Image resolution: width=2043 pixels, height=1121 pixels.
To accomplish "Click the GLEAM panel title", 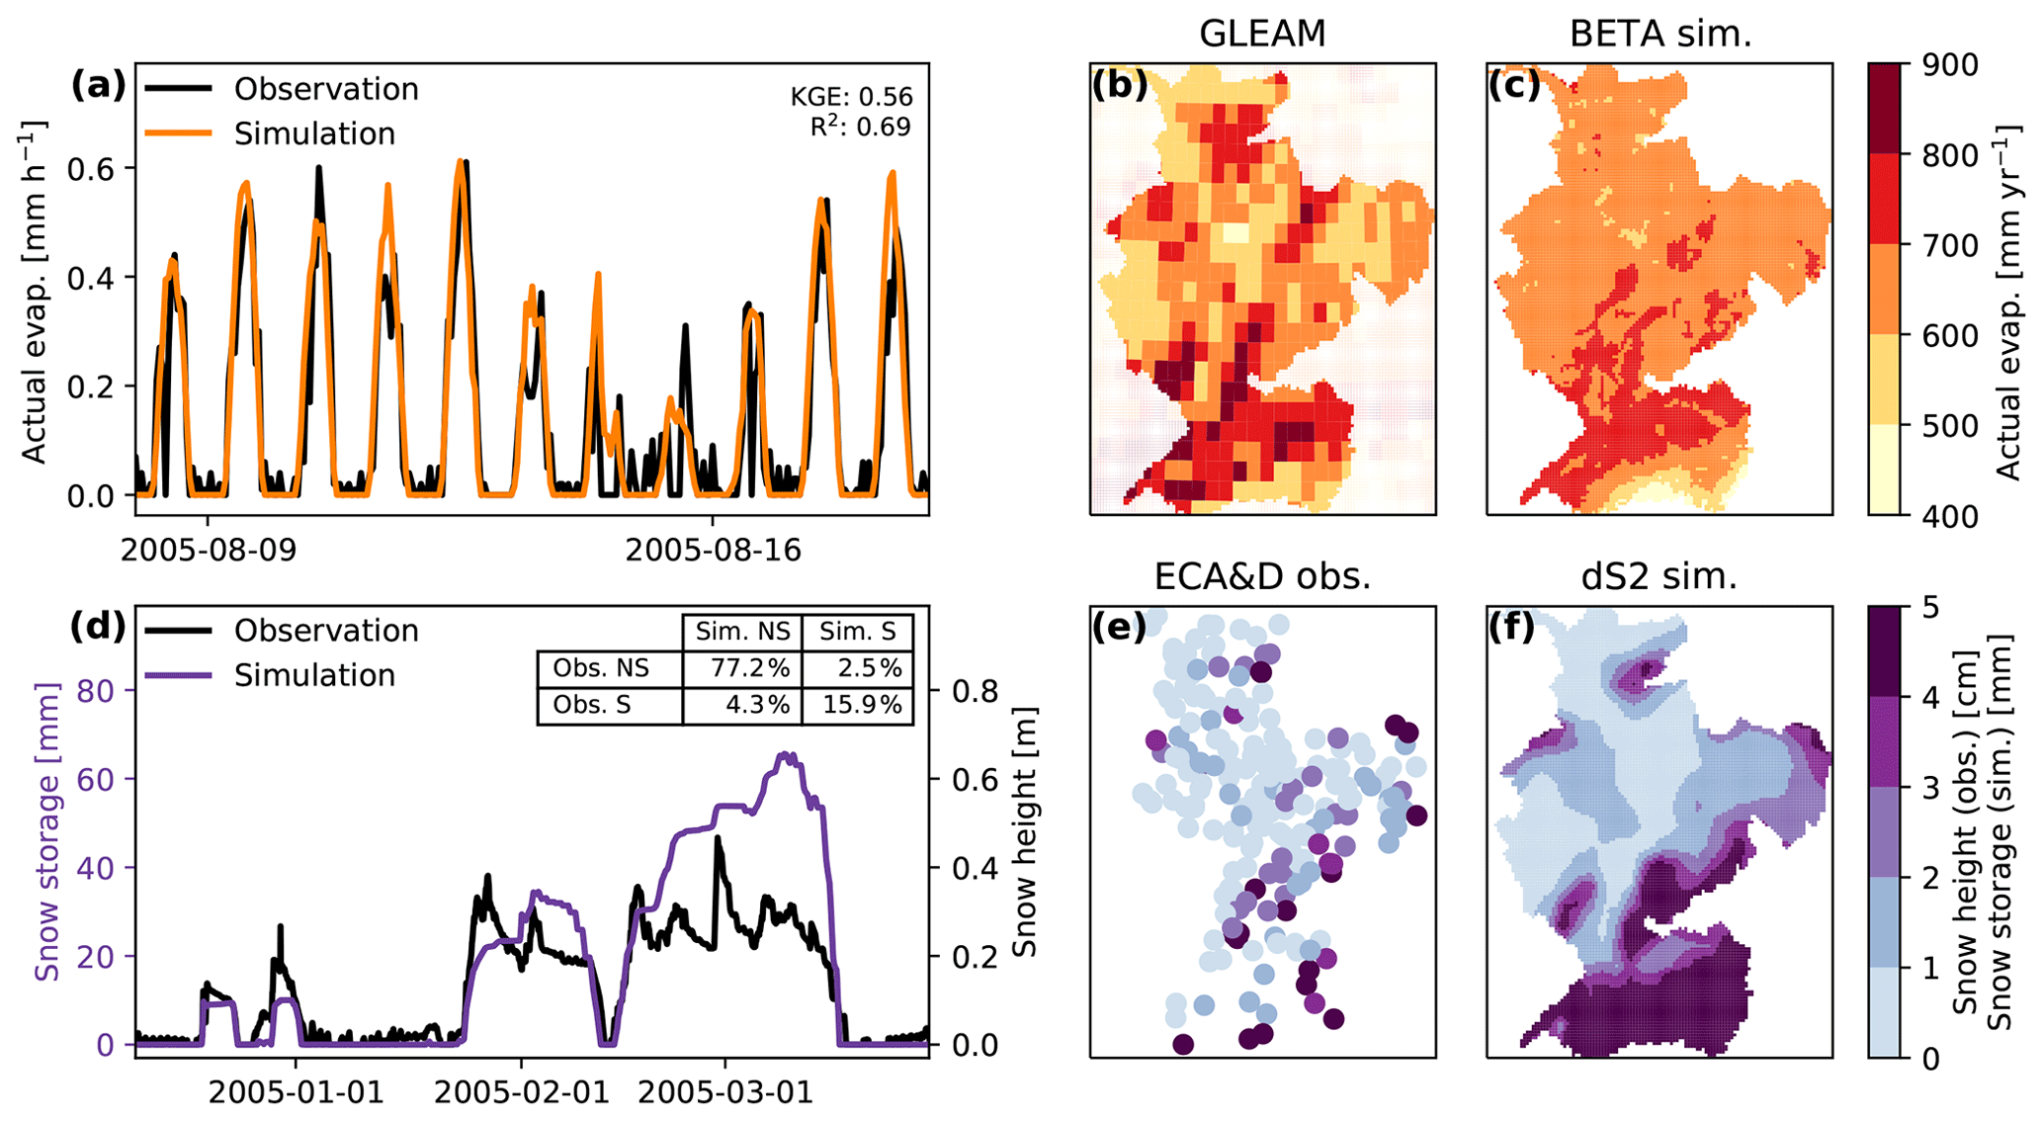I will click(1262, 34).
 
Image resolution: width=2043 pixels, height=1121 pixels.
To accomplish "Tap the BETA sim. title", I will click(1660, 34).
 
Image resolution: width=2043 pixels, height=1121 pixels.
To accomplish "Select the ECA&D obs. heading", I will click(1262, 576).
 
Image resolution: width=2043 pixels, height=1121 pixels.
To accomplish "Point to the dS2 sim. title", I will click(1660, 576).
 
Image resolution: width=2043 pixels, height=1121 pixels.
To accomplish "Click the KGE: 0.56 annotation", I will click(851, 97).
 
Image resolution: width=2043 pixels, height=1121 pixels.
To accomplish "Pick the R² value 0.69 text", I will click(860, 127).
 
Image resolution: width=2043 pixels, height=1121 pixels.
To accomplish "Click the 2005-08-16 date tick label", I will click(713, 550).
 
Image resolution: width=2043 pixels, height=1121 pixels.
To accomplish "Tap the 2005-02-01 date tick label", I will click(522, 1092).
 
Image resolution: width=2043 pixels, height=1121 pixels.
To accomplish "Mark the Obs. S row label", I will click(592, 705).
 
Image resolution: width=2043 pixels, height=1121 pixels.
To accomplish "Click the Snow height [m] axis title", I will click(1026, 832).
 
